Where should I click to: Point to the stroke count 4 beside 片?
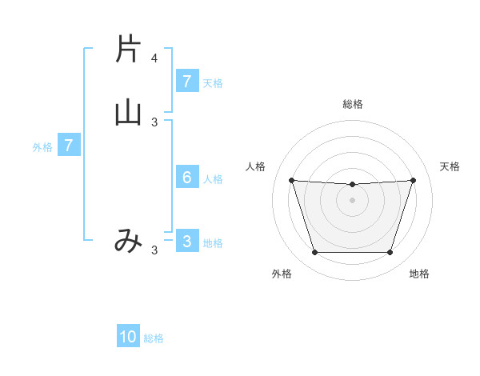[x=154, y=58]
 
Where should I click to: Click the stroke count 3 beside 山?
[x=154, y=122]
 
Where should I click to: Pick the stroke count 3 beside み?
[x=154, y=250]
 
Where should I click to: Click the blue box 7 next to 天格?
[x=186, y=82]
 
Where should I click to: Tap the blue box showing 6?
[x=186, y=178]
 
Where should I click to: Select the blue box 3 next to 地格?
[x=186, y=242]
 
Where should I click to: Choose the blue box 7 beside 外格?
[x=69, y=146]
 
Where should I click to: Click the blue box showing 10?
[x=128, y=337]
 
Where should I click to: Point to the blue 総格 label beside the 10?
[x=154, y=338]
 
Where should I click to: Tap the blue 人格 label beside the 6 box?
[x=213, y=179]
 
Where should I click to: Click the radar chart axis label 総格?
[x=352, y=104]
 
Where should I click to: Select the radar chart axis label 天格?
[x=450, y=166]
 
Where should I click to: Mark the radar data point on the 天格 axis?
[x=413, y=180]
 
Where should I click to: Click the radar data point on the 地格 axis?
[x=390, y=253]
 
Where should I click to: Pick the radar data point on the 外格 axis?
[x=314, y=253]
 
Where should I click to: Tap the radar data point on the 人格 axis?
[x=291, y=180]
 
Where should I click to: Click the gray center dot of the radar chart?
[x=352, y=200]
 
